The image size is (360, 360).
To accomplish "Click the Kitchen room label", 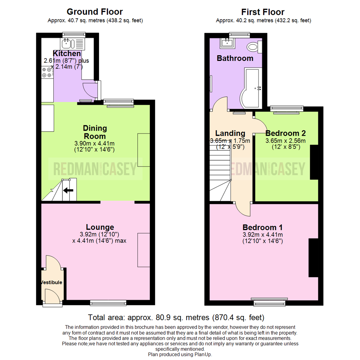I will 67,54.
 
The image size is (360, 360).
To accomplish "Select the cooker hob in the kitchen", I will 47,72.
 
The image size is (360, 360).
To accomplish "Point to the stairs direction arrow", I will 68,191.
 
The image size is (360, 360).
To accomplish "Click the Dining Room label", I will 95,132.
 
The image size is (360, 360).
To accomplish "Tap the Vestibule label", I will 51,282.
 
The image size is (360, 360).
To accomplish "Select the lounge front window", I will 108,303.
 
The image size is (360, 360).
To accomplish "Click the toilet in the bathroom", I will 254,47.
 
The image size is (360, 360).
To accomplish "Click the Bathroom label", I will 235,58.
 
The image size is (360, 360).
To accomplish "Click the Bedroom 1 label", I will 263,228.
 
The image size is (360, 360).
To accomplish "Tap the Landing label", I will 230,133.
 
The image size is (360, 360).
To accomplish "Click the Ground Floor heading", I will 95,12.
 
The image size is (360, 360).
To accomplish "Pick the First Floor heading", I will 263,12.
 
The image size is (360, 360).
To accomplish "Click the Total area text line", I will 176,317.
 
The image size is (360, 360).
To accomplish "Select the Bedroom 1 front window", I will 270,303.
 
